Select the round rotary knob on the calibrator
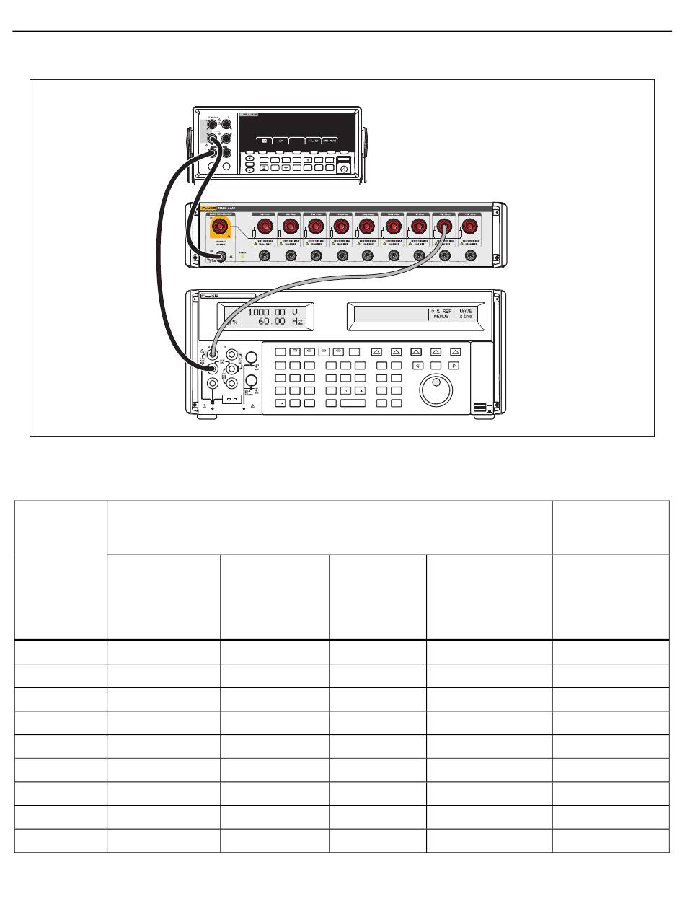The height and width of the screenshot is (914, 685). [x=436, y=390]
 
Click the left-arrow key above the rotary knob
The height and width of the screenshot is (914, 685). [x=416, y=366]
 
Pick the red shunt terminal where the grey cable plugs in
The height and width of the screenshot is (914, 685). [x=445, y=227]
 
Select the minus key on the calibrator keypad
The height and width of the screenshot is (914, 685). [x=281, y=403]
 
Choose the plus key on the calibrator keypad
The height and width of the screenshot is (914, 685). [x=358, y=390]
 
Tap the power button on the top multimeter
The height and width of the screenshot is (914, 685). [x=344, y=169]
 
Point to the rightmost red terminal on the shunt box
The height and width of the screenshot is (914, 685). [x=471, y=227]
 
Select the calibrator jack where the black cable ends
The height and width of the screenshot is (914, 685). [x=213, y=369]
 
